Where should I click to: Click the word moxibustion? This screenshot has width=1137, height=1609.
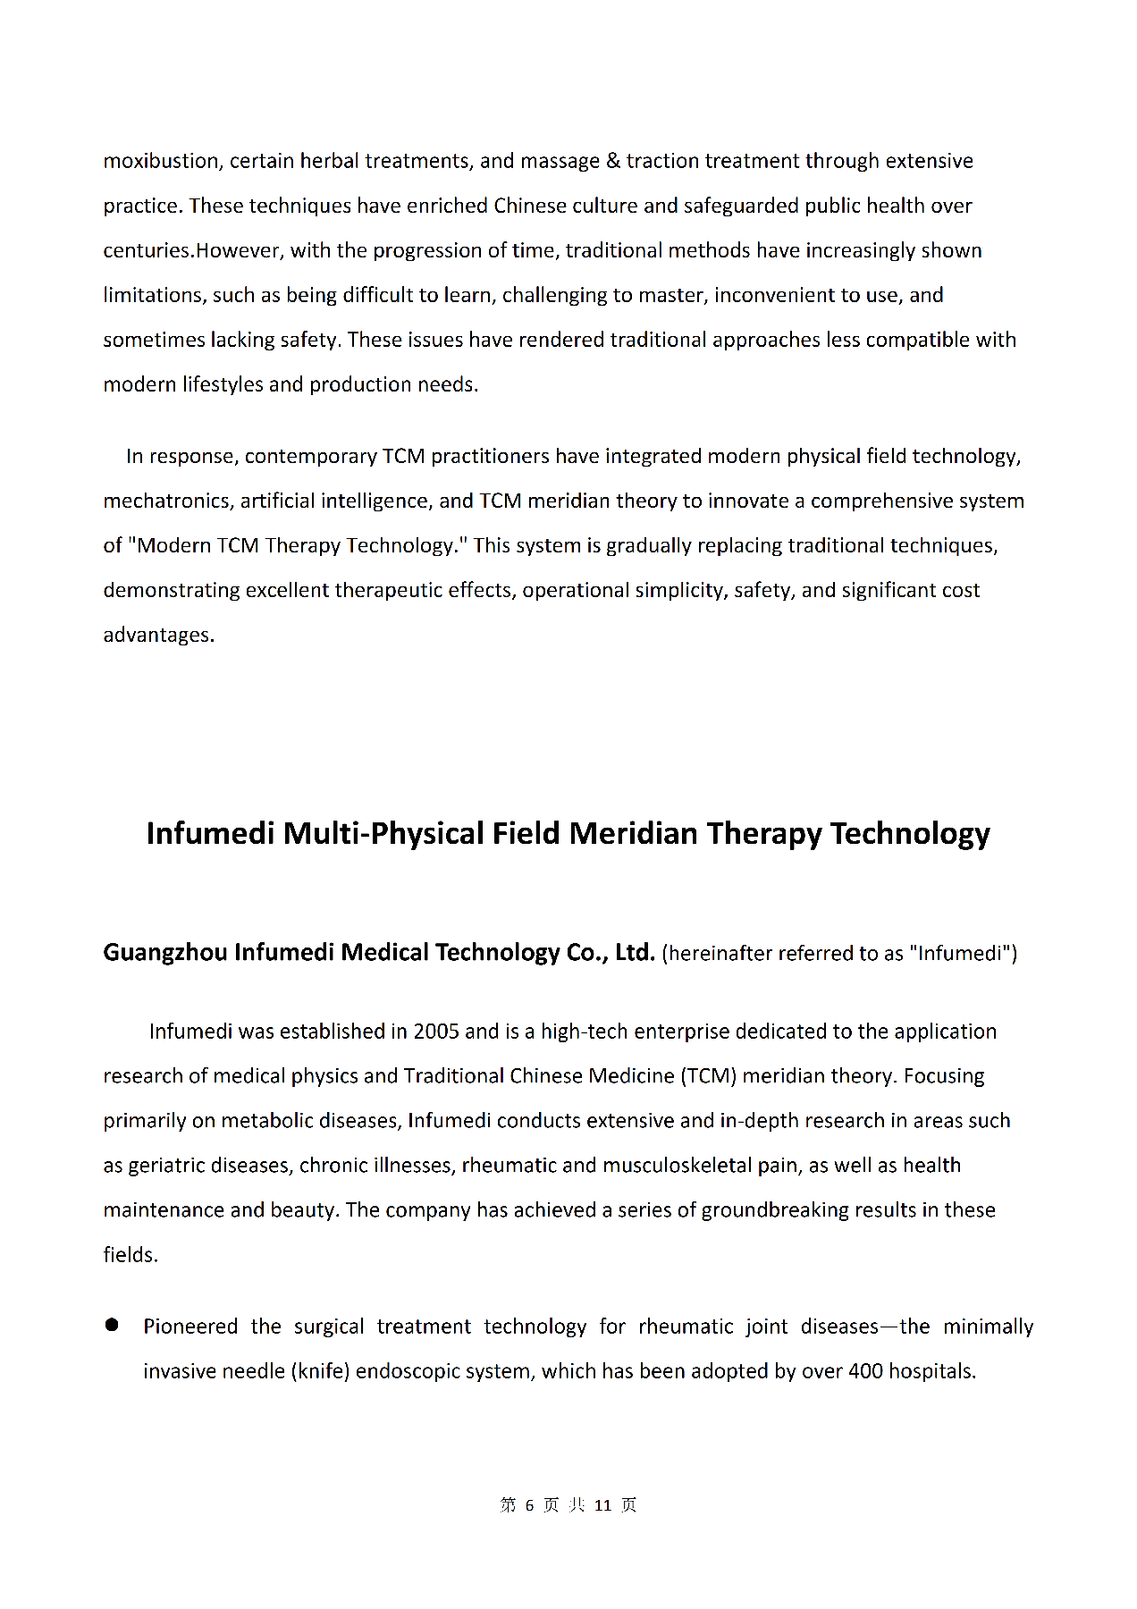[161, 161]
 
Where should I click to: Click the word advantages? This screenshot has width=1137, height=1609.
[158, 635]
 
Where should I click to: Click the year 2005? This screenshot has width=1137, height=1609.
[436, 1032]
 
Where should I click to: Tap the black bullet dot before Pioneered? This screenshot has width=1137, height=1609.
[112, 1325]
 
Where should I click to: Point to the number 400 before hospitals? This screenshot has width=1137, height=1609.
[865, 1371]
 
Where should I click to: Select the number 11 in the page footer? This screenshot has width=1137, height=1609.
[602, 1505]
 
